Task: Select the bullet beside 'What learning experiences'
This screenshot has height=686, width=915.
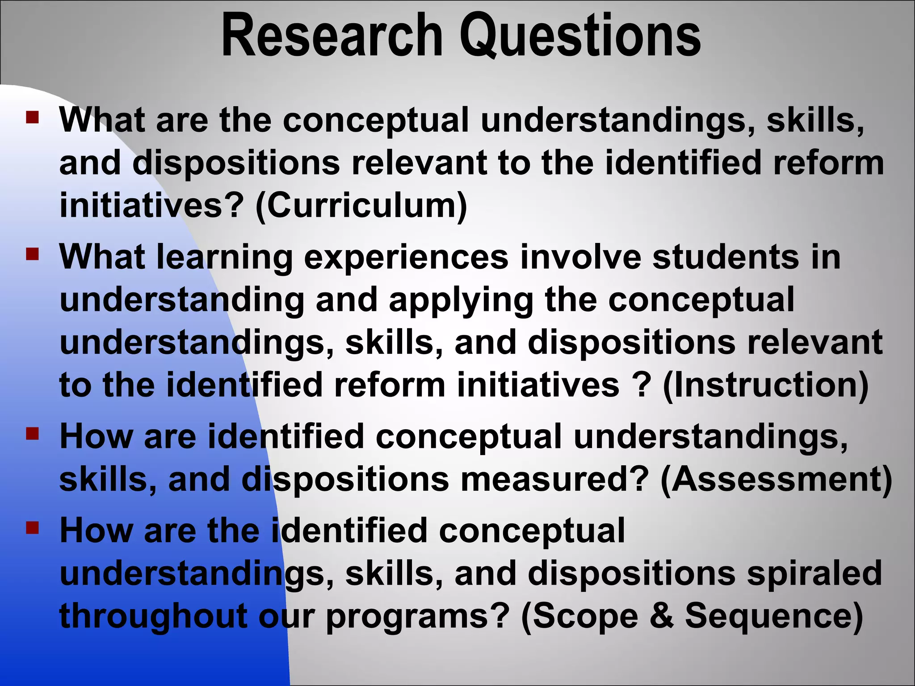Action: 32,255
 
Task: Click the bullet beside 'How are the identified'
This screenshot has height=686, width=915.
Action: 32,528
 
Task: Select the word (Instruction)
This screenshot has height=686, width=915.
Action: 766,385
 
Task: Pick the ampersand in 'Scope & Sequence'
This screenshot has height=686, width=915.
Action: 662,615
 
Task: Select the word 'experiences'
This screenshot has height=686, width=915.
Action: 406,258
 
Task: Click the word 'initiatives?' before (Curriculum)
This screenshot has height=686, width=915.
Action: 152,205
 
